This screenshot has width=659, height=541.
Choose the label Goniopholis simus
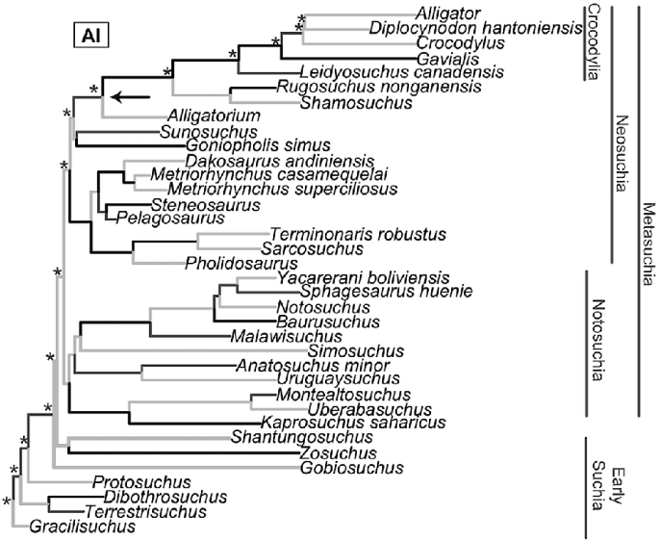[238, 145]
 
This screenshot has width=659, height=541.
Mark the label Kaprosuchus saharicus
[352, 423]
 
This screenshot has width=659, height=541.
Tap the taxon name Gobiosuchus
[351, 468]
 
